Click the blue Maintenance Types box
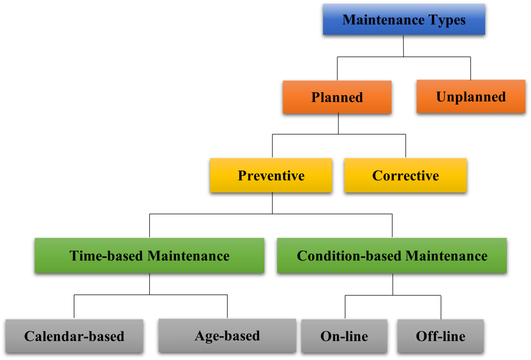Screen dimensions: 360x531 coord(403,20)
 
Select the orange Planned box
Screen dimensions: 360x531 coord(337,97)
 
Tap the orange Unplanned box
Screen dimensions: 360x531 coord(471,97)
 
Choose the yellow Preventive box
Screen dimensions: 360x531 coord(271,176)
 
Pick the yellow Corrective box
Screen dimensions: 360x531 coord(405,176)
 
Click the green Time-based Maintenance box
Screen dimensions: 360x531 coord(149,256)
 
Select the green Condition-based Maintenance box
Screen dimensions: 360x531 coord(392,256)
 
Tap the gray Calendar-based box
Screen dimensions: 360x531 coord(74,336)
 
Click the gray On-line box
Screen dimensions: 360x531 coord(344,336)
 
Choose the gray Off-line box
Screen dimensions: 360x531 coord(440,336)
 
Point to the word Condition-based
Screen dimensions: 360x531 coord(349,256)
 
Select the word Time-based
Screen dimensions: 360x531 coord(107,256)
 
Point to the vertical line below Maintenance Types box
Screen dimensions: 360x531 coord(403,48)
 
